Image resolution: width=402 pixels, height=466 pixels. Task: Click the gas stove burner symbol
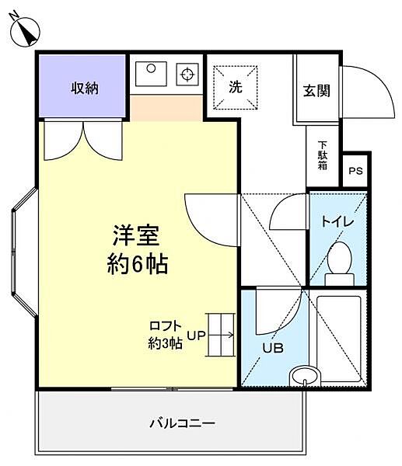[187, 75]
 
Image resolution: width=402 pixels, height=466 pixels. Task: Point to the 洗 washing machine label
[236, 88]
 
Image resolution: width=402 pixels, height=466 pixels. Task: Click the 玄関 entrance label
[316, 90]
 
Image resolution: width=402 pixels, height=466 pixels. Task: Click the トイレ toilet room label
[337, 222]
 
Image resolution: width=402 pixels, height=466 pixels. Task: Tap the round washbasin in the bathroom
[304, 377]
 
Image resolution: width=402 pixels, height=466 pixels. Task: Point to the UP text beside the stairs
[195, 336]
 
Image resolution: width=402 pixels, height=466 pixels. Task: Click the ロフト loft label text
[166, 327]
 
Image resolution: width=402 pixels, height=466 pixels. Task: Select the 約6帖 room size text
[137, 264]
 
